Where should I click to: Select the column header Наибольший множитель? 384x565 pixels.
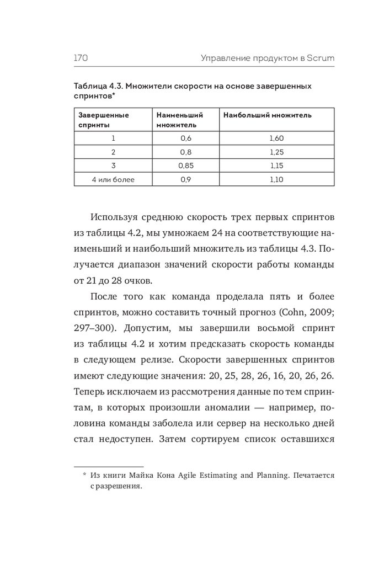click(268, 115)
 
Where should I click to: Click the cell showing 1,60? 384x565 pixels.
click(276, 138)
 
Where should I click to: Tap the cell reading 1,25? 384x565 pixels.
click(276, 152)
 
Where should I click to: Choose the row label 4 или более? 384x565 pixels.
click(113, 179)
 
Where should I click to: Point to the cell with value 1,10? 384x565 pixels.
click(276, 179)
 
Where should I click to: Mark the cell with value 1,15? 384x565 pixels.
click(276, 166)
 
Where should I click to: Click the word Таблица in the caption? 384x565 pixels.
click(90, 87)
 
